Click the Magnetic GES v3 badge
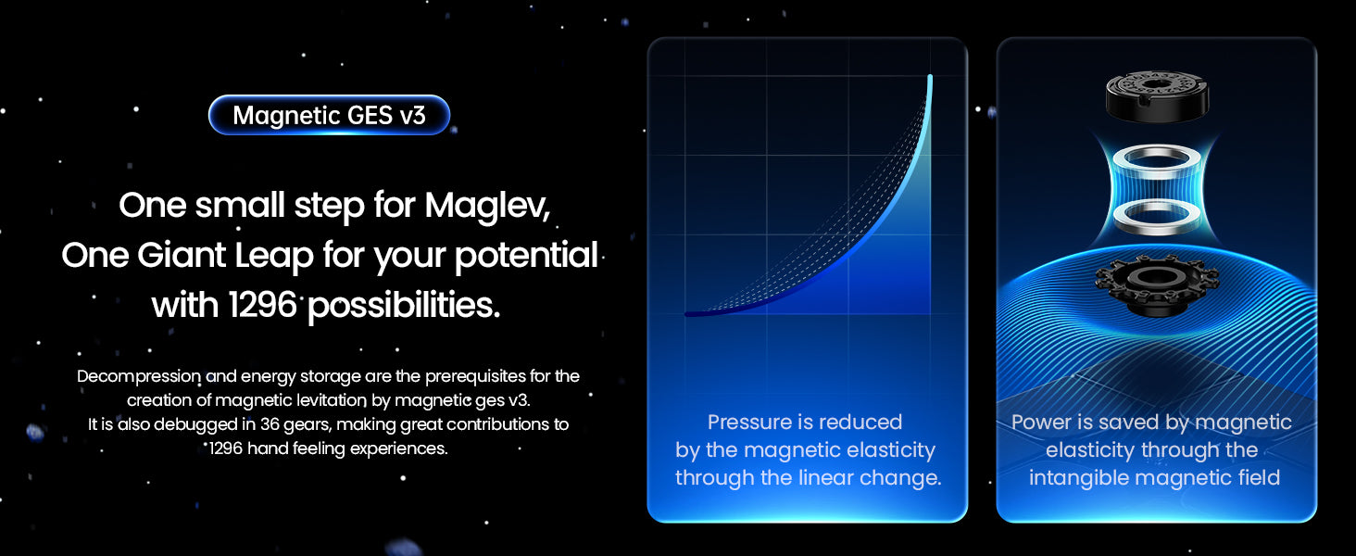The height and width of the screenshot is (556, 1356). click(330, 115)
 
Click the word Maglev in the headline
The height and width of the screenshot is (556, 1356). click(487, 206)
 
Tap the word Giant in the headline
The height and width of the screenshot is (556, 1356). click(181, 255)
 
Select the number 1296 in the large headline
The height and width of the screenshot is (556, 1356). click(262, 305)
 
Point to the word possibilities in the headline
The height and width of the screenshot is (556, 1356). click(404, 306)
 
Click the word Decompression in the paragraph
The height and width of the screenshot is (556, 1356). click(139, 377)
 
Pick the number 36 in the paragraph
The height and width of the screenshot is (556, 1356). click(270, 424)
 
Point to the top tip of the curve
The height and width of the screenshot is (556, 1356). click(930, 76)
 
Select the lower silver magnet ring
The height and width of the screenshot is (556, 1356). click(1157, 218)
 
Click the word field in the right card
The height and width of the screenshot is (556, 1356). click(1259, 477)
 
